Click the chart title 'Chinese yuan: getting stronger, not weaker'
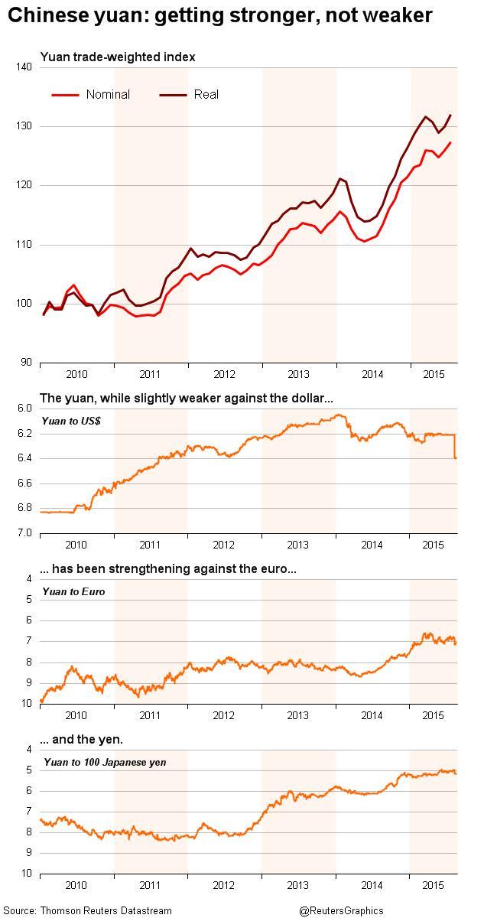click(219, 15)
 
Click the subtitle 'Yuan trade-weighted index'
click(117, 57)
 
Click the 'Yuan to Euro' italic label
click(74, 591)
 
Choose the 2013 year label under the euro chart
click(297, 715)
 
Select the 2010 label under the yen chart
click(76, 885)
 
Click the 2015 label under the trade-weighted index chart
click(433, 374)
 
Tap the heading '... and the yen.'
click(80, 740)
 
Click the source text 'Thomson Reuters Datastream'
click(106, 910)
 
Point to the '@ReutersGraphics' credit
click(341, 910)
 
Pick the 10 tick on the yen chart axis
click(26, 874)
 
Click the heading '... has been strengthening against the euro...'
click(167, 569)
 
